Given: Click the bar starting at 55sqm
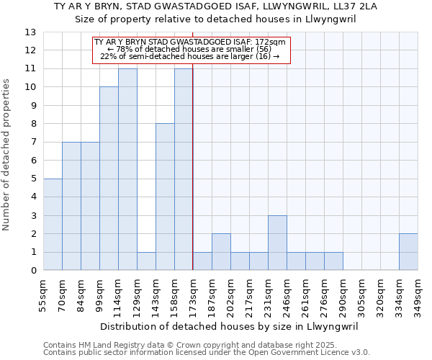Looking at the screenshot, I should pyautogui.click(x=53, y=225).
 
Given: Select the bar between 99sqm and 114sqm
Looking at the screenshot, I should pyautogui.click(x=109, y=179).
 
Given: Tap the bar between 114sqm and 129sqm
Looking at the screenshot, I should pyautogui.click(x=127, y=169).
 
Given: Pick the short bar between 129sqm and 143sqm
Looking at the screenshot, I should pyautogui.click(x=146, y=261).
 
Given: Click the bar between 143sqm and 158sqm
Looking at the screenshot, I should pyautogui.click(x=165, y=197).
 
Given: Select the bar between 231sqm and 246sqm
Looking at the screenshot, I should pyautogui.click(x=277, y=243).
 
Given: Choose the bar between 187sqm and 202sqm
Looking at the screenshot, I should pyautogui.click(x=221, y=252).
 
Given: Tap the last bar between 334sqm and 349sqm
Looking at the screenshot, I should pyautogui.click(x=408, y=252).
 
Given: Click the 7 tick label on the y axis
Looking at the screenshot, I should pyautogui.click(x=32, y=142).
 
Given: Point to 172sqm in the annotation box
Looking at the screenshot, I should pyautogui.click(x=271, y=42).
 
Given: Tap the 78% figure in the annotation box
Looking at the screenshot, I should pyautogui.click(x=120, y=49).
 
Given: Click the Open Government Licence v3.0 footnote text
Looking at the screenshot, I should pyautogui.click(x=308, y=353).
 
